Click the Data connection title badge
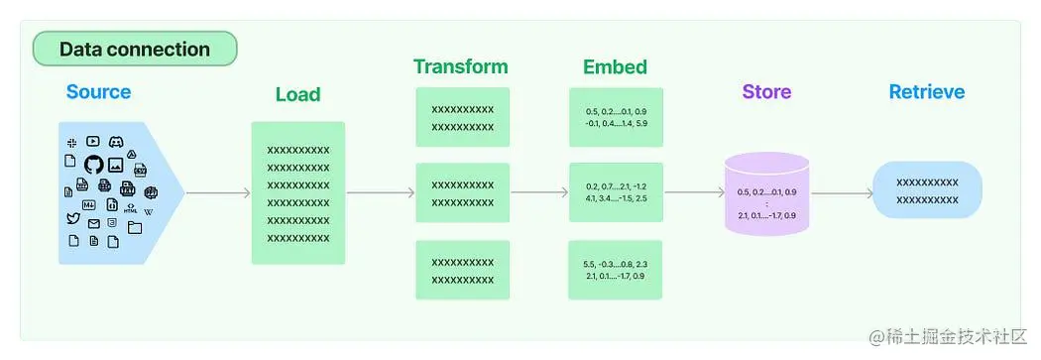[135, 49]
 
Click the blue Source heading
[98, 92]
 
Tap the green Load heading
[297, 95]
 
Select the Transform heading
[461, 67]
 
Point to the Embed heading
[615, 67]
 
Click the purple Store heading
[766, 92]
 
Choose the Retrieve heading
[926, 92]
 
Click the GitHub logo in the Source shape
[93, 165]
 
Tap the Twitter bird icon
[72, 218]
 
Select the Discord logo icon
[116, 143]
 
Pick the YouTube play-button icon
[92, 142]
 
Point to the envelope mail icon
[94, 224]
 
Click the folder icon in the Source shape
[134, 227]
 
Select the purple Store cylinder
[766, 194]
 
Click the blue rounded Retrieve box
[927, 190]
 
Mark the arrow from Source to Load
[218, 193]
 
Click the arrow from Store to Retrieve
[841, 193]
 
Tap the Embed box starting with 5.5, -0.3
[616, 270]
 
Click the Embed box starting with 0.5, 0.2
[616, 117]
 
